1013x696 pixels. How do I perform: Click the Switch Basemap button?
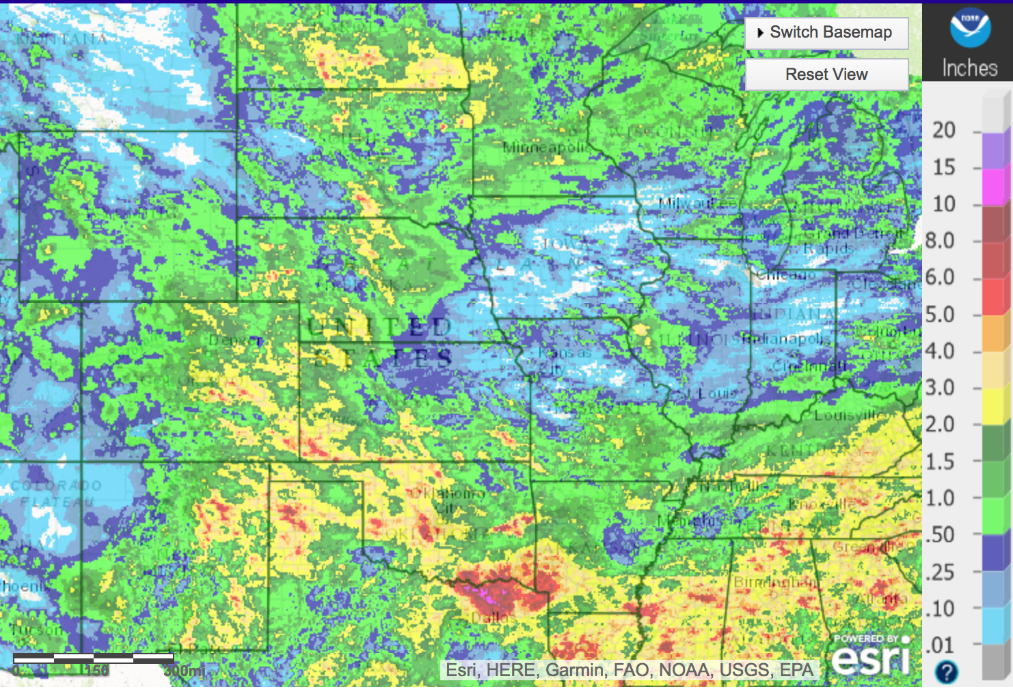point(826,33)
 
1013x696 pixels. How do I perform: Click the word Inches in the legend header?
point(969,68)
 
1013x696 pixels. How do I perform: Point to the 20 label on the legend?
point(944,130)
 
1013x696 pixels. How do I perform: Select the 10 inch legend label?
point(944,204)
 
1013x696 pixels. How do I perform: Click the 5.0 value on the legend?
point(940,314)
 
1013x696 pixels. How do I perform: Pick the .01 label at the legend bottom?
point(940,645)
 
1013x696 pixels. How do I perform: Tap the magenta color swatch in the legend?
point(995,187)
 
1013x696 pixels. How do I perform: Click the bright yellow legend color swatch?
point(995,406)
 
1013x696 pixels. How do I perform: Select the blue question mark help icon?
point(946,672)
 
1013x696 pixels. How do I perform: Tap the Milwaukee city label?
point(697,203)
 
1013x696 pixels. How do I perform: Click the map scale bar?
point(94,658)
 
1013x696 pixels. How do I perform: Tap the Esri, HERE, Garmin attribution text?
point(630,670)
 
